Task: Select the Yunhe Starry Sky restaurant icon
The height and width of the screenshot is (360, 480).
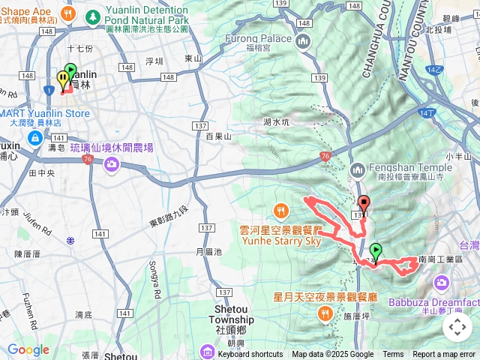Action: point(282,208)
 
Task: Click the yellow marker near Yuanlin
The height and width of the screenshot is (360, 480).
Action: point(61,79)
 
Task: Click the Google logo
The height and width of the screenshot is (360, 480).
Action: point(28,349)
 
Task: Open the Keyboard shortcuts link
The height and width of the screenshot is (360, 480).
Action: point(250,355)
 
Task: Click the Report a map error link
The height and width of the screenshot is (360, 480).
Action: point(445,355)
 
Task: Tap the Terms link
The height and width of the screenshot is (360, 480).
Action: point(393,355)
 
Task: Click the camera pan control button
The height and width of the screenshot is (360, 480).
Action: point(457,327)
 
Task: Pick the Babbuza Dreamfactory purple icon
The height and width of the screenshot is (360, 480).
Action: point(442,283)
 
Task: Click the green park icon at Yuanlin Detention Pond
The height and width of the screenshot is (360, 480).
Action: point(93,16)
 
